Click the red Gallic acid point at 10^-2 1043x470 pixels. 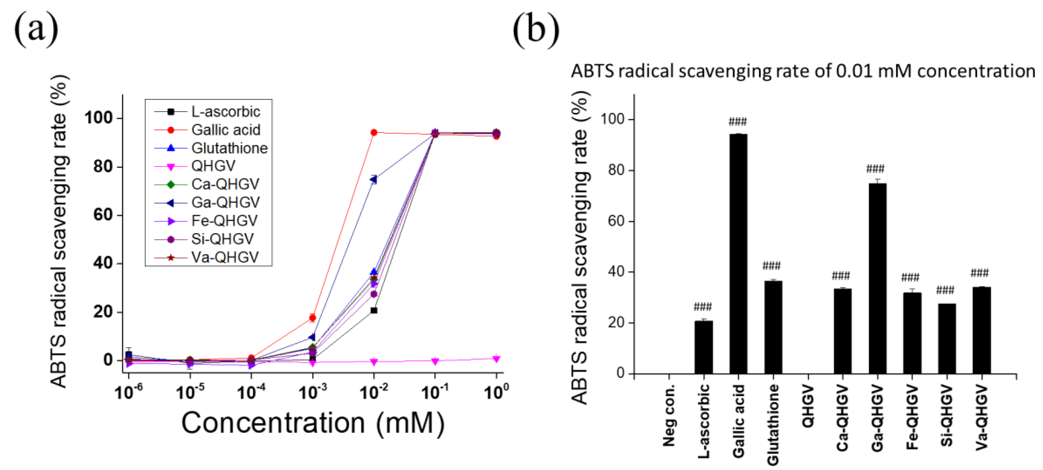pos(374,133)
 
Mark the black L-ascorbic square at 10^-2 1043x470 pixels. pos(374,311)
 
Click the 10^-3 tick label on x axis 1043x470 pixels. pos(312,392)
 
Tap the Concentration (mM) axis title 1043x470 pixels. pos(312,423)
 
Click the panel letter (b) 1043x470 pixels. pos(536,29)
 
